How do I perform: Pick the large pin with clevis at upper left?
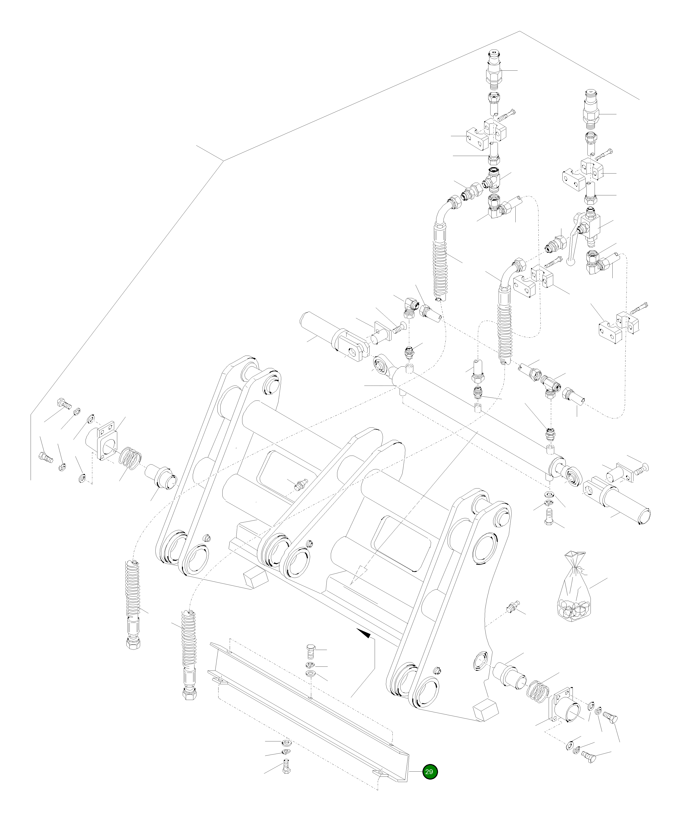pyautogui.click(x=332, y=336)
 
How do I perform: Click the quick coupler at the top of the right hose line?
pyautogui.click(x=591, y=108)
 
